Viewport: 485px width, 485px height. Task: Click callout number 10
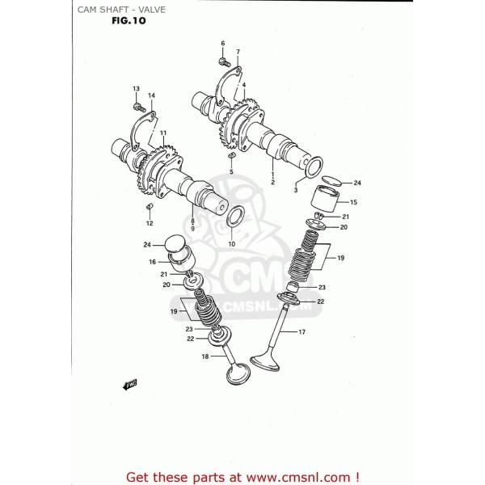point(230,244)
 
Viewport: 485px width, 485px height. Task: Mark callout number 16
point(151,262)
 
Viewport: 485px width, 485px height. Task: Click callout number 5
point(230,171)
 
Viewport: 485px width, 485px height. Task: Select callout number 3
point(295,190)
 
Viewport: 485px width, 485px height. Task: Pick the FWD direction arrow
point(129,386)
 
